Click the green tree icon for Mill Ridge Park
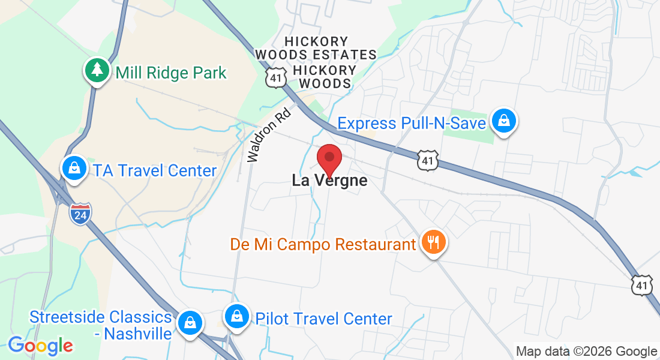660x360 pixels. (x=96, y=71)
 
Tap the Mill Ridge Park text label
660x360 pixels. (x=171, y=73)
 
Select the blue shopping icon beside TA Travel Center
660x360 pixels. (x=74, y=169)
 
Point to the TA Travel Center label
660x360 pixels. (x=154, y=170)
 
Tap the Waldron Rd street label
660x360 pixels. (x=269, y=136)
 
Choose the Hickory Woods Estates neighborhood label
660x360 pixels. (x=316, y=48)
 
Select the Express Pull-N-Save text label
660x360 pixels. (x=411, y=124)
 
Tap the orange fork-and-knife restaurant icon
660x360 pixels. (x=433, y=242)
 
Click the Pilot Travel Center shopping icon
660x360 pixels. (x=238, y=316)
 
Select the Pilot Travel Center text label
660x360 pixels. (x=323, y=319)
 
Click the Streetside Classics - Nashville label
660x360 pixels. (x=101, y=325)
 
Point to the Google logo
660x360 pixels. (x=40, y=346)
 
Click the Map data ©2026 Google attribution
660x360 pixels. (x=586, y=352)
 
